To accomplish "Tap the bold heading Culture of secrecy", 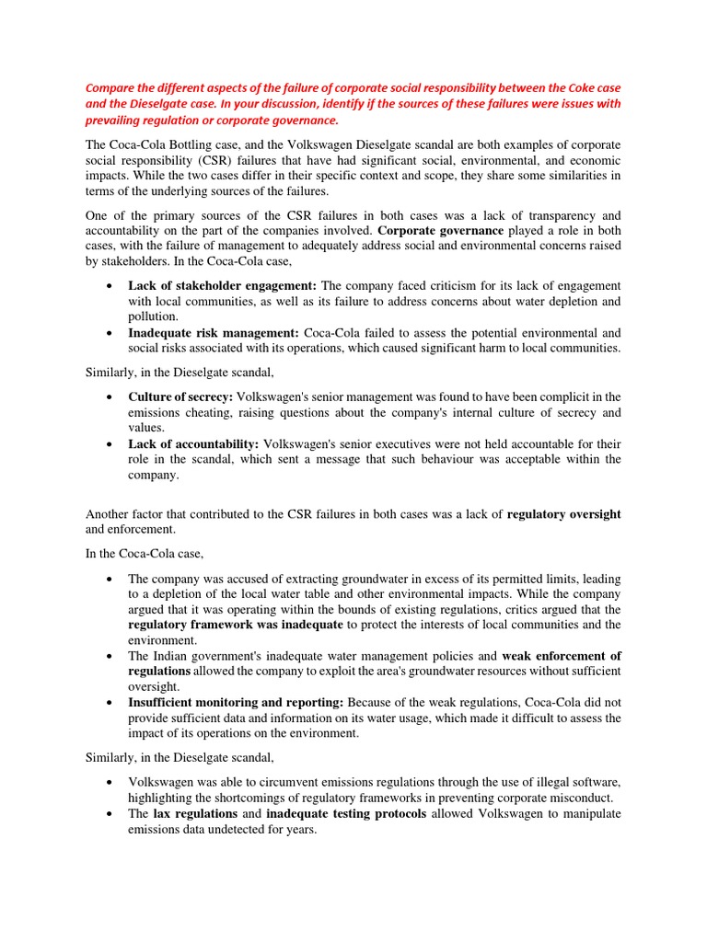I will (x=180, y=396).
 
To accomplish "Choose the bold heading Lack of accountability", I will (x=192, y=442).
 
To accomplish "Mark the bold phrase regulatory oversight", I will (x=563, y=514).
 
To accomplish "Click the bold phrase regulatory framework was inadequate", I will (x=237, y=626).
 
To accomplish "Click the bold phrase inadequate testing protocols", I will (x=345, y=814).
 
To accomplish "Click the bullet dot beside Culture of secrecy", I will (x=110, y=396).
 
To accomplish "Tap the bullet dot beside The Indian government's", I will (x=110, y=657).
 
